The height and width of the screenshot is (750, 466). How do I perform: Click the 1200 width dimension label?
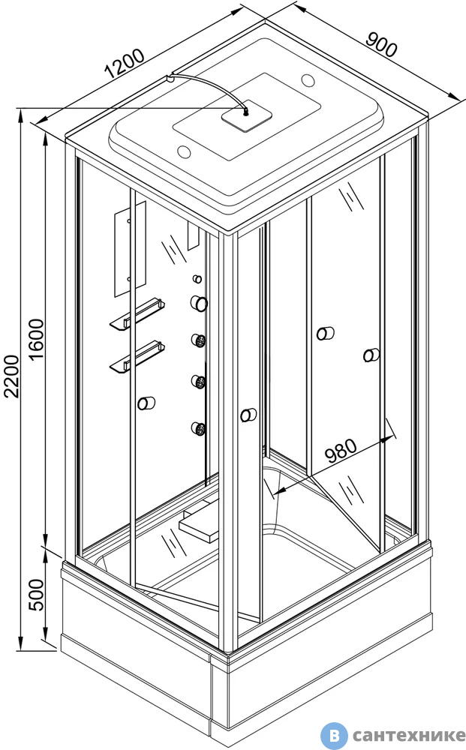(125, 63)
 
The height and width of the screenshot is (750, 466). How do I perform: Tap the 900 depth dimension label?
(382, 45)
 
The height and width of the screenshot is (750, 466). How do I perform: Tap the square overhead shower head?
(246, 115)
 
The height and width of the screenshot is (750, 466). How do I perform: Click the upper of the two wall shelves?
(137, 313)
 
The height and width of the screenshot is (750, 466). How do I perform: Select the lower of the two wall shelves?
(137, 355)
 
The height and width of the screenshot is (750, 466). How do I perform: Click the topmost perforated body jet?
(199, 340)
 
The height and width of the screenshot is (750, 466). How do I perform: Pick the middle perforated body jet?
(198, 381)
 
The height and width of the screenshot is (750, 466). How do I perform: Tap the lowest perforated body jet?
(198, 428)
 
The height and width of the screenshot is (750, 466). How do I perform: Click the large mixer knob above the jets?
(199, 303)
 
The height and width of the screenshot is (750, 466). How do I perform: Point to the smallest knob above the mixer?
(197, 278)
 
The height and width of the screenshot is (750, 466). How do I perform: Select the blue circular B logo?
(333, 735)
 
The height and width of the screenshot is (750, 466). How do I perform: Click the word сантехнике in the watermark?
(408, 735)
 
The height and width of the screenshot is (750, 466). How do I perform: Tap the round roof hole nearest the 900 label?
(308, 79)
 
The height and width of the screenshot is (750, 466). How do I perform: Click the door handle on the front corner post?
(248, 415)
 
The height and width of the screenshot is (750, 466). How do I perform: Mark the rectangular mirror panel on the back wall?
(130, 249)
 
